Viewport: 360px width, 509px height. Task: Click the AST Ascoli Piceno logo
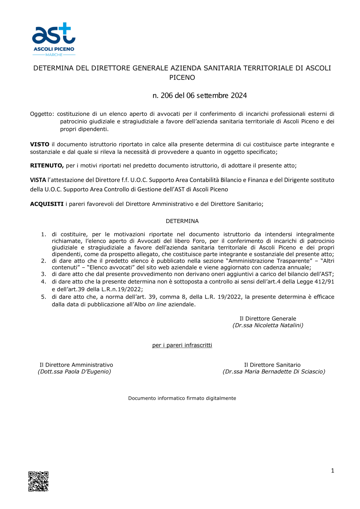(x=54, y=39)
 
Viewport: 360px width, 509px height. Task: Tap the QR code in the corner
(x=39, y=481)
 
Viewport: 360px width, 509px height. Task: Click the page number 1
(x=332, y=471)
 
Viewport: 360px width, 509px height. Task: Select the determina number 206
(x=167, y=96)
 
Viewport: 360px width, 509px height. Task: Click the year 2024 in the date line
(x=239, y=96)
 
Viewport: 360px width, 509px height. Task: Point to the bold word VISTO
(x=40, y=144)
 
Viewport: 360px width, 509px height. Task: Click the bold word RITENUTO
(x=47, y=165)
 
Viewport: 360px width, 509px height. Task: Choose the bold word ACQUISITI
(x=47, y=204)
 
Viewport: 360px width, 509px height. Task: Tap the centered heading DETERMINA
(x=182, y=221)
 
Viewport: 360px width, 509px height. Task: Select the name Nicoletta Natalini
(x=278, y=325)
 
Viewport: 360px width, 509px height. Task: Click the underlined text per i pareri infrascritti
(x=182, y=345)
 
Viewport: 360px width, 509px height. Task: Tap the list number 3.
(x=44, y=274)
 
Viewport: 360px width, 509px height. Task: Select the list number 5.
(x=44, y=297)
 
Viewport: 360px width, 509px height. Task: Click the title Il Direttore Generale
(x=268, y=318)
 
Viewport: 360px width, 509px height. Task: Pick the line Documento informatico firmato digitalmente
(x=182, y=398)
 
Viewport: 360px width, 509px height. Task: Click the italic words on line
(x=157, y=304)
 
